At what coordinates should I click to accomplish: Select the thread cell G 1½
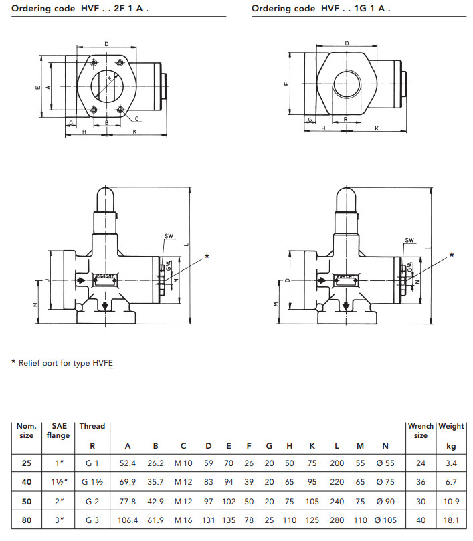click(92, 481)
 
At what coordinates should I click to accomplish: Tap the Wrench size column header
click(421, 430)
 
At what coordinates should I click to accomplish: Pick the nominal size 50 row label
click(27, 500)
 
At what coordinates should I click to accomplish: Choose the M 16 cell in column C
click(183, 520)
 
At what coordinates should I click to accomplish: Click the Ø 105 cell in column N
click(385, 520)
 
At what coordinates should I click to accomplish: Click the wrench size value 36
click(421, 481)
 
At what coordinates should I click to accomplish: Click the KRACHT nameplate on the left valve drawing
click(104, 276)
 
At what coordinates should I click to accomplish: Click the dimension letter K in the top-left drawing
click(135, 132)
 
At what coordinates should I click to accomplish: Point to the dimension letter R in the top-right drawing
click(345, 119)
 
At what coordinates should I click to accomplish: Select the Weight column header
click(451, 426)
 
